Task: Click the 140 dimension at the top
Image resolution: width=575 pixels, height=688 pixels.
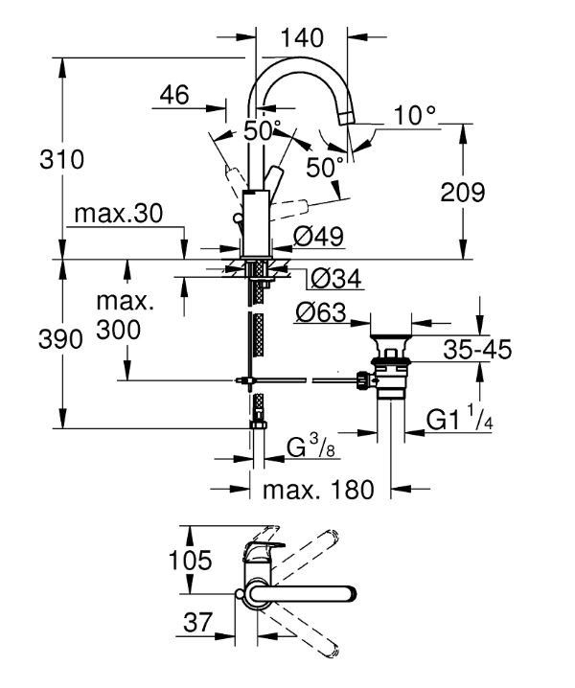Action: [x=302, y=37]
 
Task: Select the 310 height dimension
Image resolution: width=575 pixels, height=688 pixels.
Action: [x=61, y=159]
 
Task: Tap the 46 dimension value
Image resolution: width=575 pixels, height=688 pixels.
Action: [x=174, y=95]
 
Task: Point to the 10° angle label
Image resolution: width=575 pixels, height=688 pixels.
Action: [x=414, y=115]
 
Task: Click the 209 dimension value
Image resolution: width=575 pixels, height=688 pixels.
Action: [x=463, y=193]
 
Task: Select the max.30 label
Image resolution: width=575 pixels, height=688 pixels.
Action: [x=119, y=214]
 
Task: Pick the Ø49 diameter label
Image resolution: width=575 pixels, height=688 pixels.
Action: [x=319, y=237]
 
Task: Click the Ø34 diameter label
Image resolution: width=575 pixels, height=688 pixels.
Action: [x=336, y=278]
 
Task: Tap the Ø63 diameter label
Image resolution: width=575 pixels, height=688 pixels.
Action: [x=321, y=312]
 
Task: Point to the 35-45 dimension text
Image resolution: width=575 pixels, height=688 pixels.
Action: [x=477, y=350]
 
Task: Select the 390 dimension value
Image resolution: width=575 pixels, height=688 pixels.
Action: [x=60, y=339]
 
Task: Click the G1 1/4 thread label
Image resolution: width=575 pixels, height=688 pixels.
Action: [x=460, y=418]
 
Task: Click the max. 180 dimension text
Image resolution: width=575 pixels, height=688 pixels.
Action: [x=318, y=490]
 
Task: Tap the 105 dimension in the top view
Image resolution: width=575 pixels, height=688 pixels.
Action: [x=191, y=560]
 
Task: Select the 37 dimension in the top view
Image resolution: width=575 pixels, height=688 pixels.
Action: [x=197, y=622]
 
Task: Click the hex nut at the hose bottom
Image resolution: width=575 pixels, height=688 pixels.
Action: [x=258, y=424]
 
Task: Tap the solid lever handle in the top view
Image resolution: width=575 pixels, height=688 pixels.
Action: [x=303, y=593]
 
